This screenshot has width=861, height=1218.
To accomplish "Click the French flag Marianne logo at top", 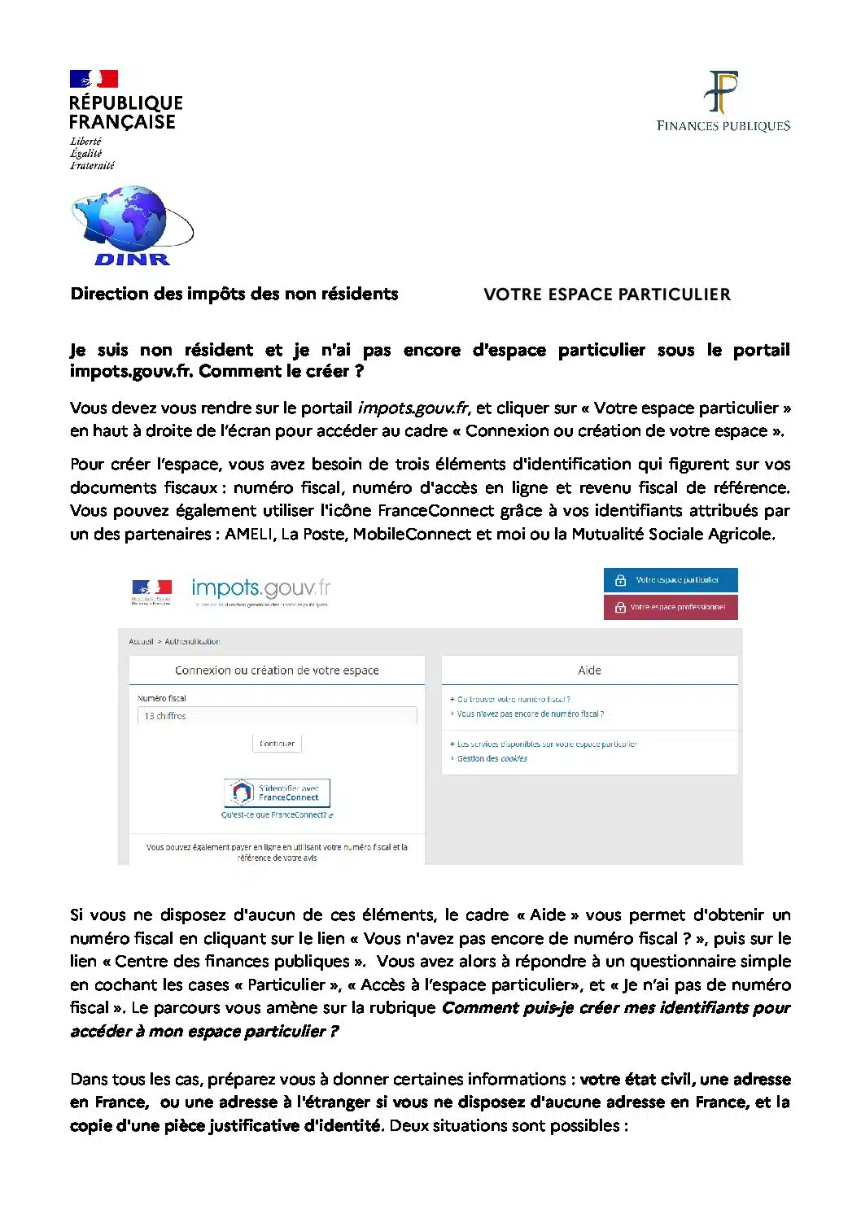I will [94, 79].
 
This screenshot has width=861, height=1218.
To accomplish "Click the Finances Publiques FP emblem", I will [723, 92].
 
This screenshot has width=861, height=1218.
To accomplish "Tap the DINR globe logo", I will [130, 225].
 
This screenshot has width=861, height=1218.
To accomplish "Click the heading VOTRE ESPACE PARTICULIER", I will [606, 295].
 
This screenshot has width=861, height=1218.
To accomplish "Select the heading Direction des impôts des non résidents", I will [234, 294].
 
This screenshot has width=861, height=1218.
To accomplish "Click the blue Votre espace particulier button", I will [671, 580].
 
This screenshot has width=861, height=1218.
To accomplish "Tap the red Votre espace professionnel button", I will [671, 607].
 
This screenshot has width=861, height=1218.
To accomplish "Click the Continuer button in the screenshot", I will [277, 744].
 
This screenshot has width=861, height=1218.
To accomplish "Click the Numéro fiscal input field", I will [277, 716].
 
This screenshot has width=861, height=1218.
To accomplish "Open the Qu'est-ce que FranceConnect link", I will [276, 814].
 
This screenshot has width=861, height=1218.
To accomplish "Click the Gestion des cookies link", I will [492, 758].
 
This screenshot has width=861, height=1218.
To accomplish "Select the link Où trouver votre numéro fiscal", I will [513, 699].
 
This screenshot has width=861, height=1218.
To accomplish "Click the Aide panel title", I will [589, 670].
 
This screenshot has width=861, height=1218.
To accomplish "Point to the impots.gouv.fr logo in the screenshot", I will [260, 588].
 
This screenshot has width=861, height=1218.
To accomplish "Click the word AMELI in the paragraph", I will [249, 534].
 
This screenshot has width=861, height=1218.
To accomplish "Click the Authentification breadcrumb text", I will [192, 642].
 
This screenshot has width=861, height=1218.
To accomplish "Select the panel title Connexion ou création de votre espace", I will [277, 670].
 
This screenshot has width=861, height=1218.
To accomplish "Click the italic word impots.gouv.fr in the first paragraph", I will [413, 408].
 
